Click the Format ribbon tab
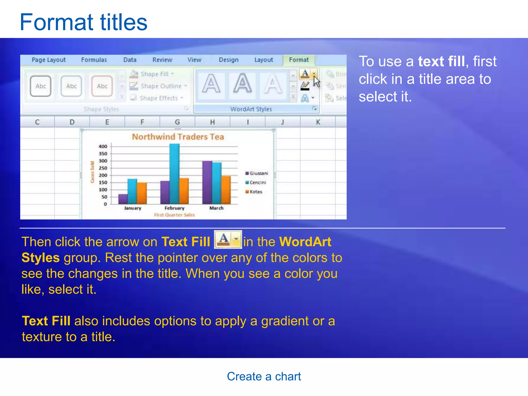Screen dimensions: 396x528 tap(299, 60)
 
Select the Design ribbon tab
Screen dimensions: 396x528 tap(228, 60)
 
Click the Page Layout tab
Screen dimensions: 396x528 tap(48, 60)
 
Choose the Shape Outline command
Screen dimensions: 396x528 tap(161, 86)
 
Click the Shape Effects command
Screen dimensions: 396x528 tap(159, 98)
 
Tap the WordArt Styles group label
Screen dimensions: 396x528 tap(251, 109)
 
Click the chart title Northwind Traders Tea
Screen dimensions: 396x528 tap(178, 137)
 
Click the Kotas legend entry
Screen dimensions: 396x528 tap(255, 192)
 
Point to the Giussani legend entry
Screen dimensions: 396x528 tap(258, 173)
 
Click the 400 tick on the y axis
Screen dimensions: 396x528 tap(103, 146)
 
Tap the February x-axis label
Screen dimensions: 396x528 tap(174, 208)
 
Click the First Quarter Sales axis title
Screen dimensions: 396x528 tap(174, 215)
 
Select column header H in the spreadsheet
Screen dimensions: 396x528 tap(212, 122)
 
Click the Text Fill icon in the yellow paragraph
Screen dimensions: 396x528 tap(228, 240)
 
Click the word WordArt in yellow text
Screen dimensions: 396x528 tap(305, 242)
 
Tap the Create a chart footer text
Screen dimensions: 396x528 tap(264, 376)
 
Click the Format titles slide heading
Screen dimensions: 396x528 tap(84, 22)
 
